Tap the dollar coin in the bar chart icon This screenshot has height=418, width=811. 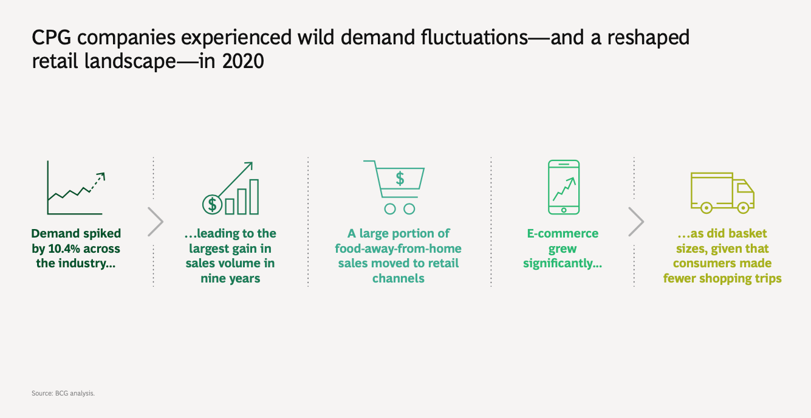(212, 205)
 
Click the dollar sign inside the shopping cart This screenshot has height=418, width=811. (400, 179)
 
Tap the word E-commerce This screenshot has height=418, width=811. (563, 233)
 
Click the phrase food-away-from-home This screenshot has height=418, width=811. (398, 248)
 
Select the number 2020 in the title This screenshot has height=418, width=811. (243, 61)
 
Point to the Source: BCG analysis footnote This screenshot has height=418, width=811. (63, 393)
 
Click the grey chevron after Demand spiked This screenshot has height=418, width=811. (156, 222)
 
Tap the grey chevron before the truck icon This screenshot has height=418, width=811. (636, 222)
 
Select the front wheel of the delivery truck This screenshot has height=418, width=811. (743, 208)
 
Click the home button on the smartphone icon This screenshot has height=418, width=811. (564, 210)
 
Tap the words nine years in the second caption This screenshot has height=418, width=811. (230, 278)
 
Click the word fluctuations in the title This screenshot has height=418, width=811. (474, 37)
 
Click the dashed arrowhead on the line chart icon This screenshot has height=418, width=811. (101, 176)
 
